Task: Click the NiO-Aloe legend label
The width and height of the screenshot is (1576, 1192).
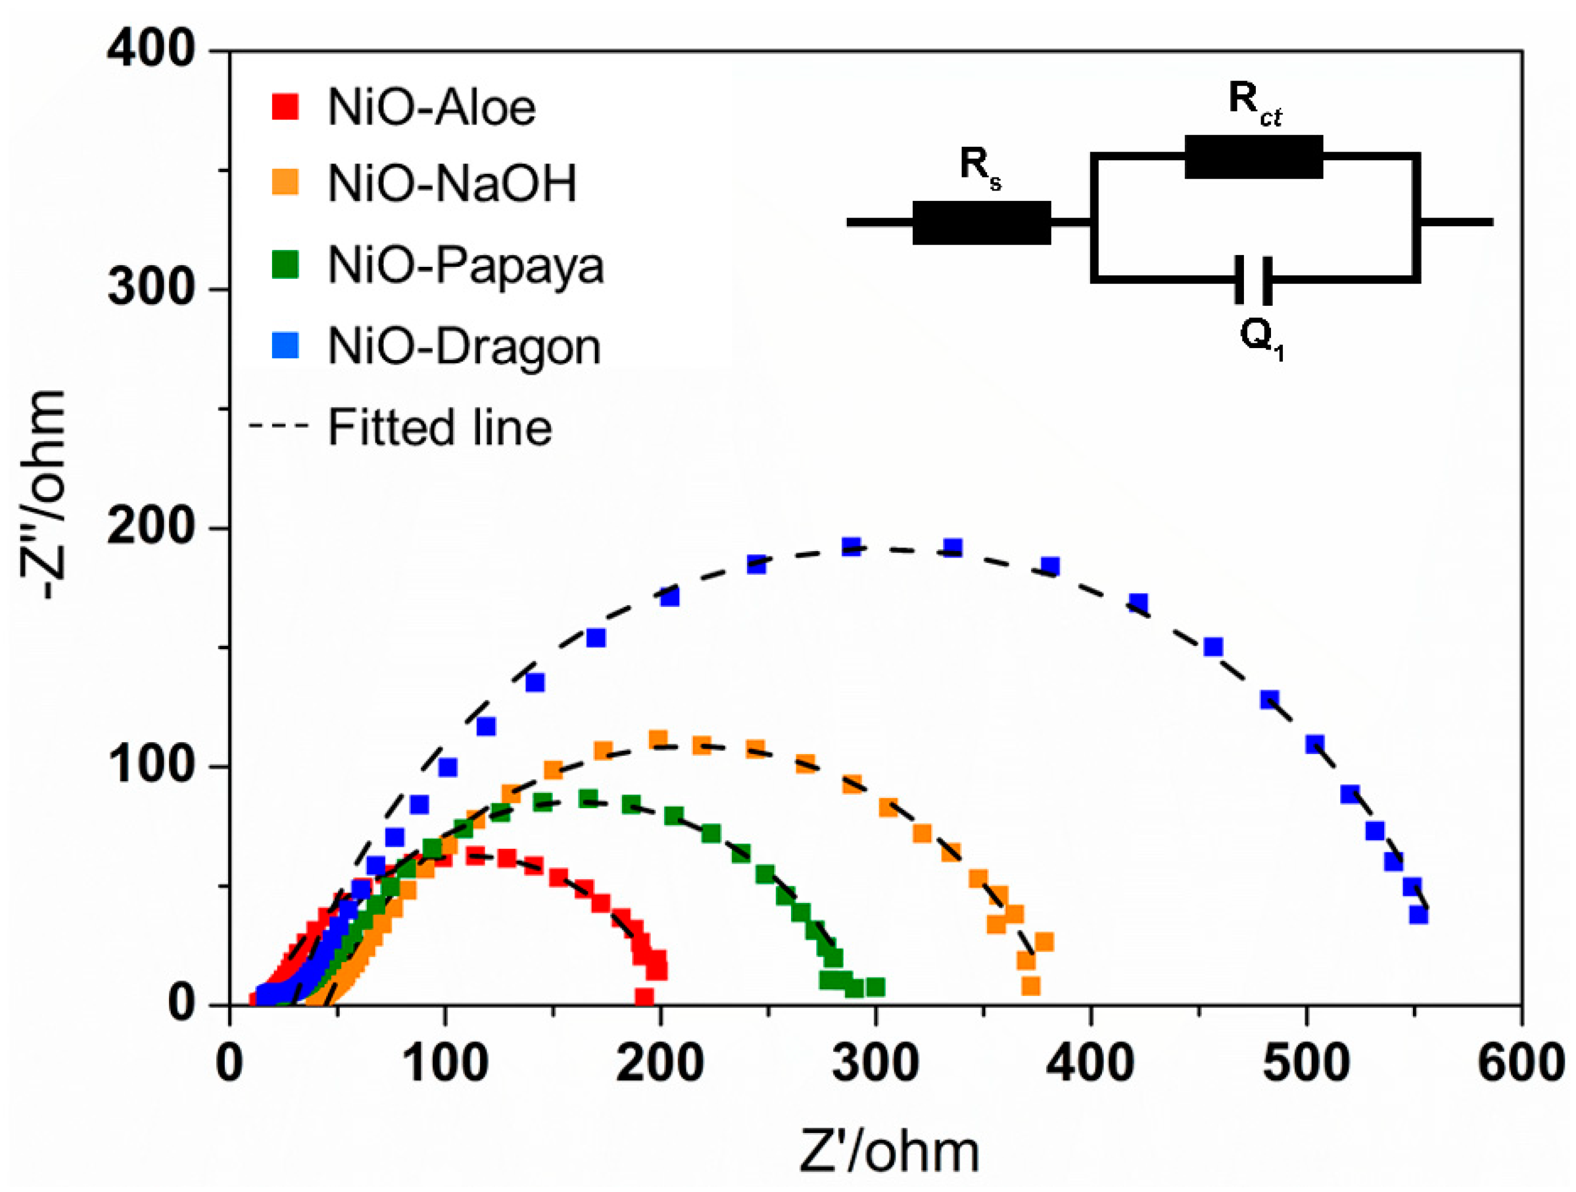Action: pyautogui.click(x=431, y=108)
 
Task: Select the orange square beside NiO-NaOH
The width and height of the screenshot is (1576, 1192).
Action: pyautogui.click(x=285, y=182)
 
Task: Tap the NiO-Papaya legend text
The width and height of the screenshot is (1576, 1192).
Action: pyautogui.click(x=465, y=266)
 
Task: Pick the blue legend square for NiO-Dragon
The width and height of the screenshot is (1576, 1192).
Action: pyautogui.click(x=285, y=345)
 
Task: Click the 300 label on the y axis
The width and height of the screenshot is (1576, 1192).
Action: pyautogui.click(x=151, y=289)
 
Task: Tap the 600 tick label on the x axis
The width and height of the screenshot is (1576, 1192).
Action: pyautogui.click(x=1520, y=1063)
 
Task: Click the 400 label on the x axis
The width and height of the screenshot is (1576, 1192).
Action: pyautogui.click(x=1090, y=1063)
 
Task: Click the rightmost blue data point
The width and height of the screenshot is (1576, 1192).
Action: pyautogui.click(x=1418, y=914)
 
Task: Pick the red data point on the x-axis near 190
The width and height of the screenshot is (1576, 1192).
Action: pyautogui.click(x=644, y=996)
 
